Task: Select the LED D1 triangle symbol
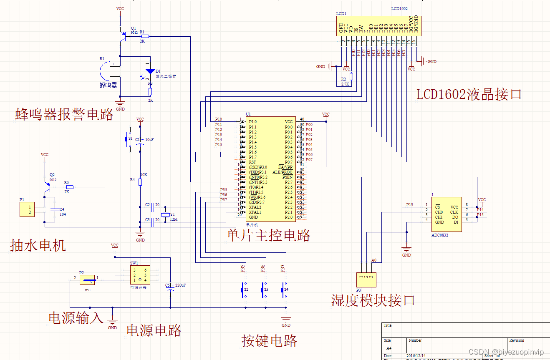150,71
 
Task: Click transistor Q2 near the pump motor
47,186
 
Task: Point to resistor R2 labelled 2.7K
351,77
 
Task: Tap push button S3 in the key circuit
264,289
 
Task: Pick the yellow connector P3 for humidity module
366,279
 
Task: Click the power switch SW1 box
139,275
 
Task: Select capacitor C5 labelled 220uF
170,288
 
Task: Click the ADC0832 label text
440,235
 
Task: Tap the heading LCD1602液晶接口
469,94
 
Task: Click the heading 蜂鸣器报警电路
64,114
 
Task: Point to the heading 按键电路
269,341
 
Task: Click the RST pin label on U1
252,162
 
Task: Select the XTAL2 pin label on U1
255,207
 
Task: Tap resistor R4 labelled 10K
140,182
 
